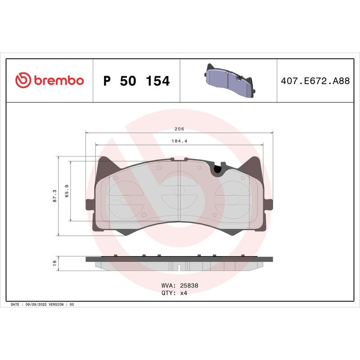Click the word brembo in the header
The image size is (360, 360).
click(x=58, y=81)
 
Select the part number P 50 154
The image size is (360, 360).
click(x=136, y=81)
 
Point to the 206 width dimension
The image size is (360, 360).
click(x=180, y=129)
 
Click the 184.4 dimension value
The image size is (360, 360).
click(x=180, y=141)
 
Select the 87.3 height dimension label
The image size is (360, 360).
click(x=54, y=196)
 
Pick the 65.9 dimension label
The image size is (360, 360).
click(x=66, y=191)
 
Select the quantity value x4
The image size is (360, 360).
click(x=183, y=292)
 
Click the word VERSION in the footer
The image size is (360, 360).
click(x=57, y=305)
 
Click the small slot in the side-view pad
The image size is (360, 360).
click(x=179, y=268)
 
